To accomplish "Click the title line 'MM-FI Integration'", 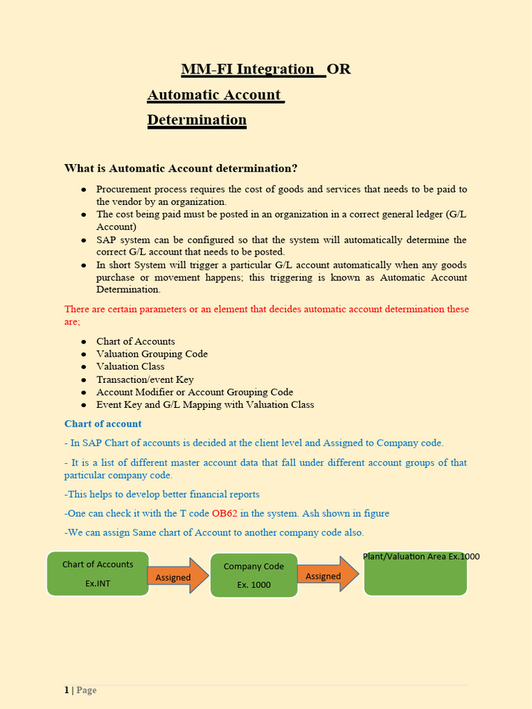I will click(x=247, y=69).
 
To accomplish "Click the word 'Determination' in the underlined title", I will click(x=197, y=120).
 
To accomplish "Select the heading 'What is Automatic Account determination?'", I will click(x=181, y=168).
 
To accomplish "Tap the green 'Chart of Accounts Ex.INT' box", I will click(x=98, y=573).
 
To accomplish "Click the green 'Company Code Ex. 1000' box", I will click(x=254, y=575).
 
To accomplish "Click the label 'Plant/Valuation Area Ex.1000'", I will click(x=421, y=557).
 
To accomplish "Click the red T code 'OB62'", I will click(x=224, y=514).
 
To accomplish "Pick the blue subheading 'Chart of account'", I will click(x=103, y=424).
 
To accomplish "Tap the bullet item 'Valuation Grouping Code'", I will click(x=152, y=354).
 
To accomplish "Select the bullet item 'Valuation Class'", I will click(x=130, y=366).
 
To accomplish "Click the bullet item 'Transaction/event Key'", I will click(x=145, y=379).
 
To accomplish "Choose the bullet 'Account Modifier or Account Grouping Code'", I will click(x=194, y=392).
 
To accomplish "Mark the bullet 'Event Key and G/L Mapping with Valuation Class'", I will click(x=205, y=404).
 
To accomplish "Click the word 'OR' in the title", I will click(x=339, y=69).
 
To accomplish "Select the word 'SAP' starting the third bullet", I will click(x=106, y=240).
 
